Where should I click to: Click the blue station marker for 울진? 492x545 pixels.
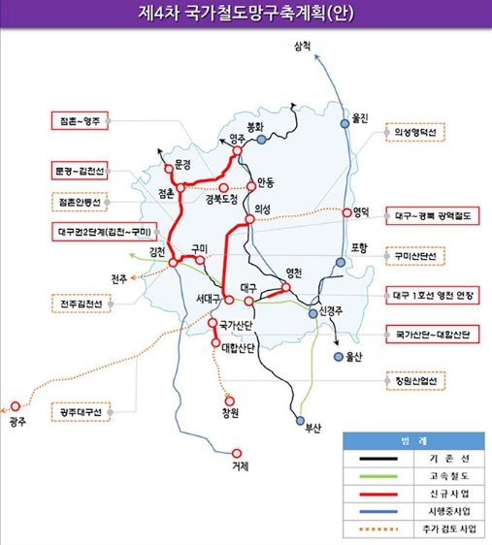click(344, 123)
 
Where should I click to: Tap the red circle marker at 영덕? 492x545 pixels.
click(346, 212)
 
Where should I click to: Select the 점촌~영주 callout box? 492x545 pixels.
click(80, 120)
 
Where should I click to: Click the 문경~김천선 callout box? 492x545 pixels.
click(80, 171)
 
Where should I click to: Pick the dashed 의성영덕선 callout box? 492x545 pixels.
click(415, 132)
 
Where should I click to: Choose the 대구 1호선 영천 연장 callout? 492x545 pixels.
click(433, 296)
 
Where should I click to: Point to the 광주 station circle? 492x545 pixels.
click(16, 406)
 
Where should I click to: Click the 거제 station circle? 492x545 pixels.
click(237, 453)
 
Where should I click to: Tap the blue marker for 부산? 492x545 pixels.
click(300, 421)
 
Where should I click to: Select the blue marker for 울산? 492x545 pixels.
click(339, 357)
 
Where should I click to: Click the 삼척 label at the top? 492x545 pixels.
click(302, 47)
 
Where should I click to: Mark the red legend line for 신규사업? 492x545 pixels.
click(378, 494)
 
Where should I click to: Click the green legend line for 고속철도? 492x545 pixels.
click(378, 476)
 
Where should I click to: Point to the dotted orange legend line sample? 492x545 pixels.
click(378, 529)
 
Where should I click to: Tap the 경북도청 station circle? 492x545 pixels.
click(223, 188)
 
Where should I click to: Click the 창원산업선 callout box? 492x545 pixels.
click(415, 380)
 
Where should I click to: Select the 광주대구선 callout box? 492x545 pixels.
click(81, 412)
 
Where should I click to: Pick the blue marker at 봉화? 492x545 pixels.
click(261, 140)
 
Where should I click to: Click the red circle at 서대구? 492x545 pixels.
click(229, 300)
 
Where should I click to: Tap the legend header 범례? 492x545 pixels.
click(413, 441)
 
